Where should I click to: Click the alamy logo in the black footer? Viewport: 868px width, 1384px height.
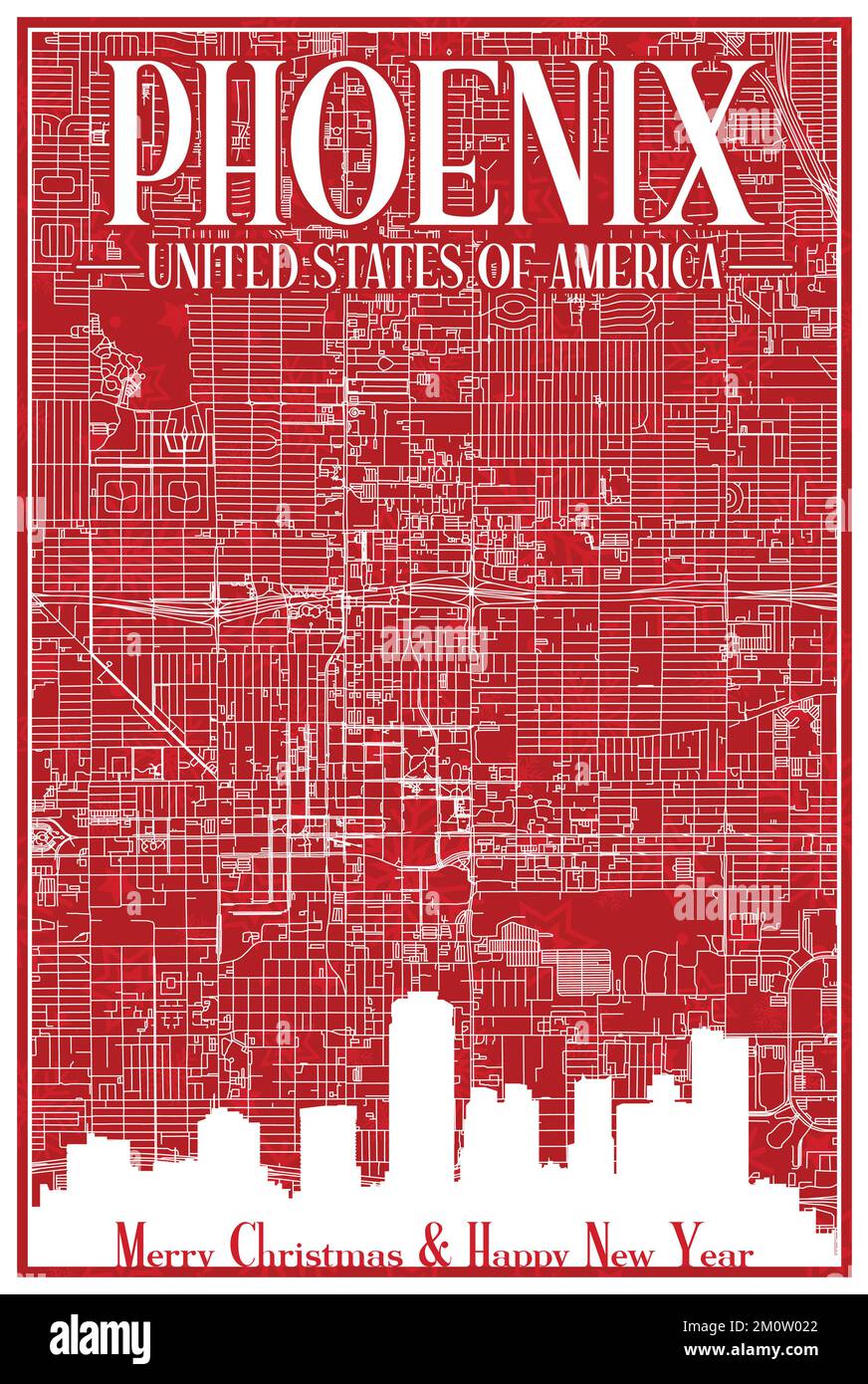click(101, 1339)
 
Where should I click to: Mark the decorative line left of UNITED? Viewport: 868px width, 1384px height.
click(109, 267)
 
